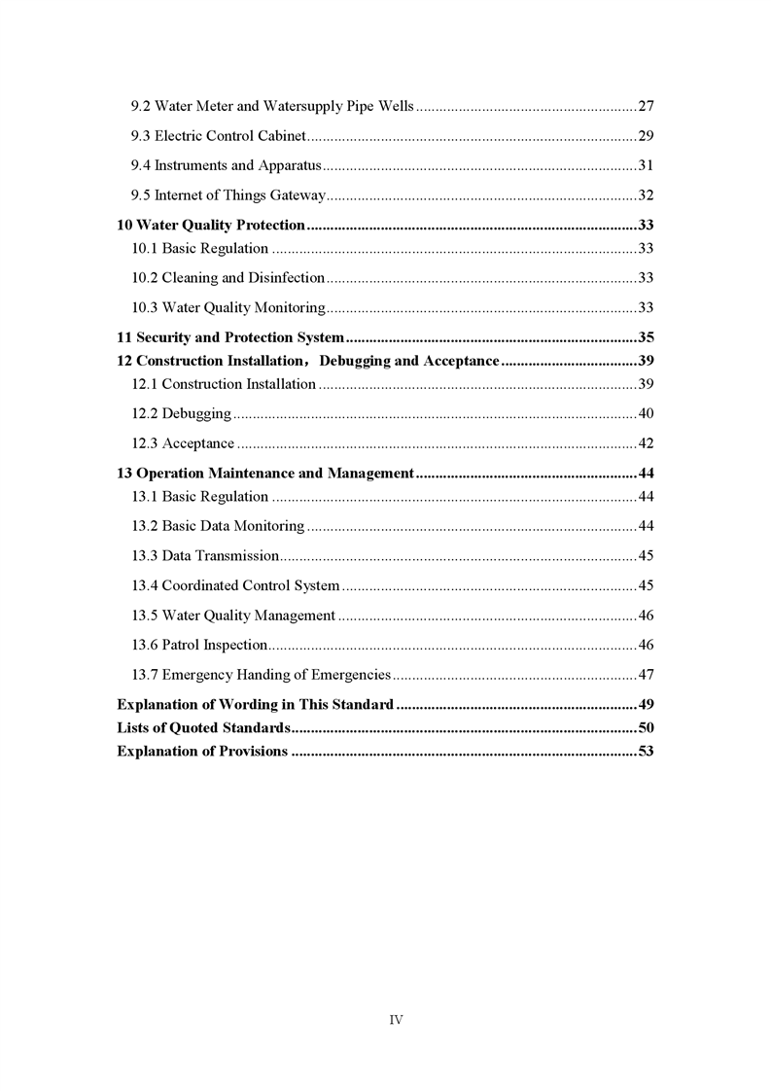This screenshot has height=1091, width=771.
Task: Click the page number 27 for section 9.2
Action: pos(645,105)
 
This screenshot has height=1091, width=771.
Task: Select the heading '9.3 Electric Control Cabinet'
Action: pos(219,135)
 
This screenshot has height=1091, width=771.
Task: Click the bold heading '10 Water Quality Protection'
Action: pos(211,226)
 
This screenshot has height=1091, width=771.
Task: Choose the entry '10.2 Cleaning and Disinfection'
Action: pos(228,278)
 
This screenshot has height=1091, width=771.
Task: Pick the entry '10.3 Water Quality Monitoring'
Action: pos(228,308)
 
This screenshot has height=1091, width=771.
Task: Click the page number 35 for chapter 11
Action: pos(645,338)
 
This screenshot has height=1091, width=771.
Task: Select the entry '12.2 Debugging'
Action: pos(181,414)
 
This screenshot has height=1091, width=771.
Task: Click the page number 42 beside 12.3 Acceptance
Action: pos(645,444)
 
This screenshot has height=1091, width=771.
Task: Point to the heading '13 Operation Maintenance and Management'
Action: pos(265,475)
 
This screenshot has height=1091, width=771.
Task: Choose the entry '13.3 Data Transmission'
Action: pos(204,557)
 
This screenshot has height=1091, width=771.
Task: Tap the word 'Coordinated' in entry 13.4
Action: pos(199,586)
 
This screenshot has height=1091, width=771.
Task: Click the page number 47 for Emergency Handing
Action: pos(645,675)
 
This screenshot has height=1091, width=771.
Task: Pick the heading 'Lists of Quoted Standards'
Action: pos(202,728)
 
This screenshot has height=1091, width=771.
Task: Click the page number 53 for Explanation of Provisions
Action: pos(645,752)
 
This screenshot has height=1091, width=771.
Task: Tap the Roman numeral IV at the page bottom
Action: pos(396,1020)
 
